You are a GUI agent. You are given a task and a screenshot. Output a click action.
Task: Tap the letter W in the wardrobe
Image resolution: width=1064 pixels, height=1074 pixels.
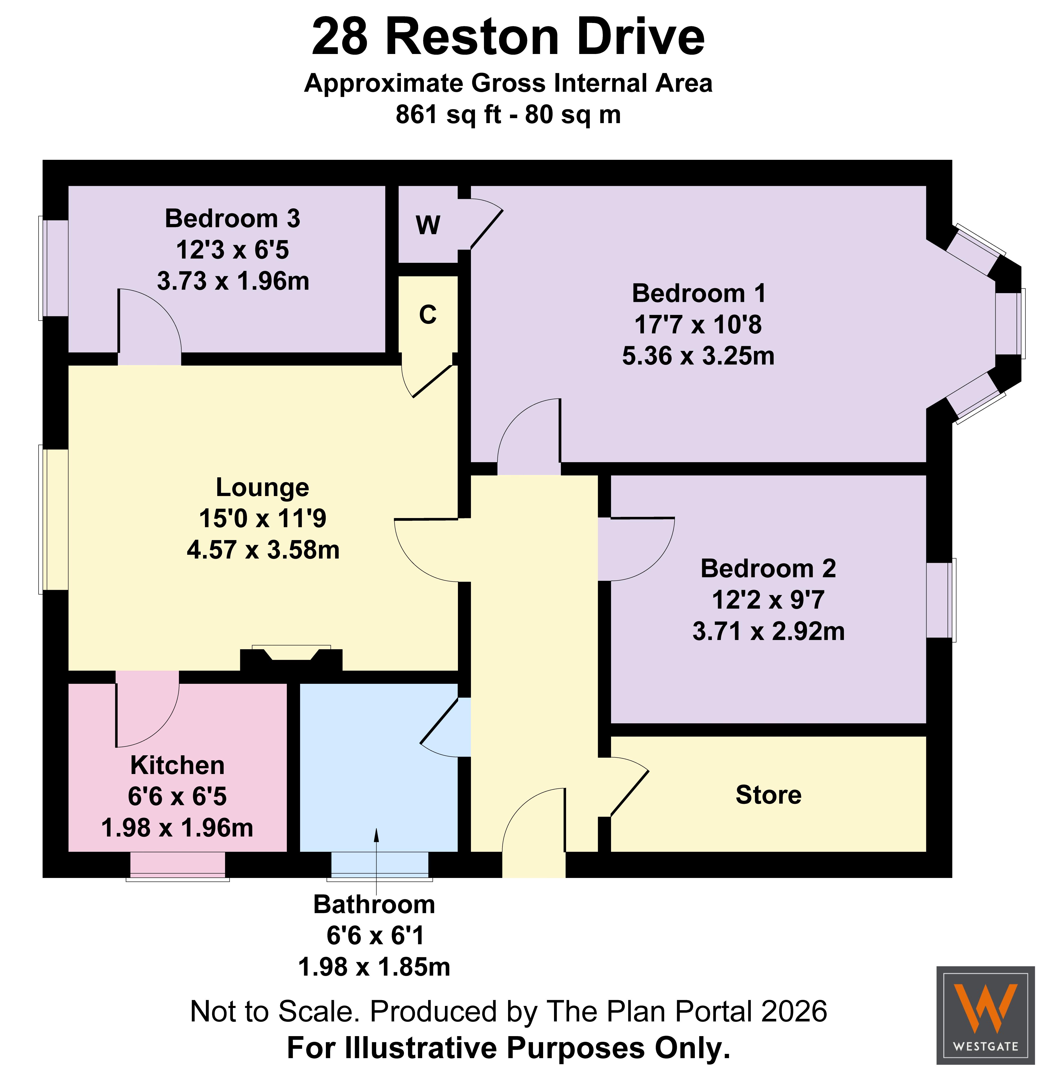pyautogui.click(x=428, y=225)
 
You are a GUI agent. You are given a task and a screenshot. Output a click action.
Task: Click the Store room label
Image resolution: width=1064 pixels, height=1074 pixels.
pyautogui.click(x=768, y=795)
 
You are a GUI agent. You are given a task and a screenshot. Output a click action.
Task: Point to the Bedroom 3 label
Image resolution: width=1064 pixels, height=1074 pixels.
pyautogui.click(x=232, y=219)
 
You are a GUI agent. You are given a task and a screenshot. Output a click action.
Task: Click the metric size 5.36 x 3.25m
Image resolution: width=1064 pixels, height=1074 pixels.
pyautogui.click(x=698, y=356)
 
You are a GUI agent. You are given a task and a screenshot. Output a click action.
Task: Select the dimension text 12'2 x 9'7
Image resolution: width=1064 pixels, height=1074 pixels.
pyautogui.click(x=768, y=600)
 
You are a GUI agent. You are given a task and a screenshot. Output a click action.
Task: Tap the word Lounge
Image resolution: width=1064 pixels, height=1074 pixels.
pyautogui.click(x=262, y=488)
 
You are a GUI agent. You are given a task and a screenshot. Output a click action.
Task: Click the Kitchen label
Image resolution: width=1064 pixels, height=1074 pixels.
pyautogui.click(x=177, y=765)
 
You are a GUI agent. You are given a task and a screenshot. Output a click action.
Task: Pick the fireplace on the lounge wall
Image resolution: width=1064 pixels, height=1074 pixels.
pyautogui.click(x=291, y=656)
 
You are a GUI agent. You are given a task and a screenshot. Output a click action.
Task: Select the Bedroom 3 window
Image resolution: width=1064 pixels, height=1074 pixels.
pyautogui.click(x=53, y=268)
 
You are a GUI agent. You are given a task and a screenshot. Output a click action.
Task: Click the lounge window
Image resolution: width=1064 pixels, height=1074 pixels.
pyautogui.click(x=53, y=519)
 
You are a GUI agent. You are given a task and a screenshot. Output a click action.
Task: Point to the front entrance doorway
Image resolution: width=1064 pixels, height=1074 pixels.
pyautogui.click(x=534, y=864)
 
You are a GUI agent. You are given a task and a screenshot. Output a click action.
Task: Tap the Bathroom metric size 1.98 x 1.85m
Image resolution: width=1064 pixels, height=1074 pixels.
pyautogui.click(x=374, y=967)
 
